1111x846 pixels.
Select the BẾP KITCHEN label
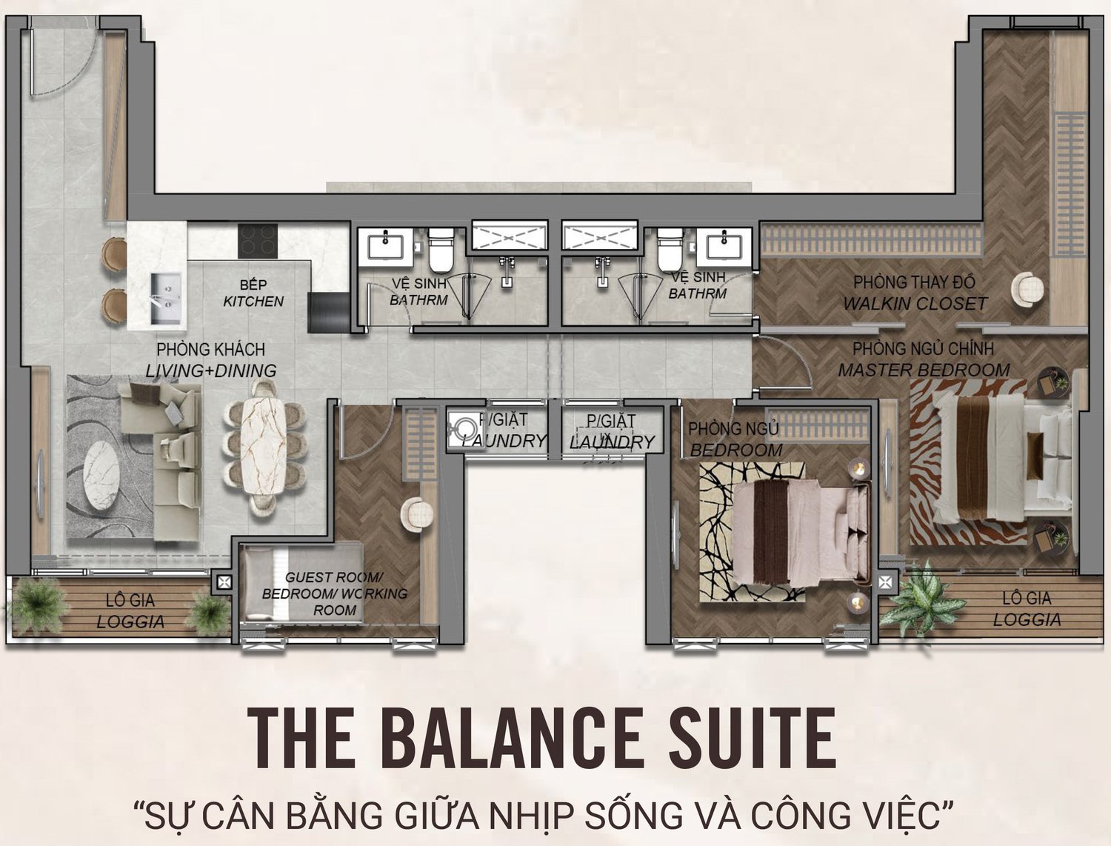point(253,293)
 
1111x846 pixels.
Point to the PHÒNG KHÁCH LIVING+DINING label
point(211,360)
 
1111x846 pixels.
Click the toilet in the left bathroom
point(440,250)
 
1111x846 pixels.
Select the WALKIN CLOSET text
point(915,304)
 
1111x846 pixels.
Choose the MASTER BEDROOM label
point(924,370)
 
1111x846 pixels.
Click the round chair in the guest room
point(416,514)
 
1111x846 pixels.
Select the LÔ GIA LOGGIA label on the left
point(130,611)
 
